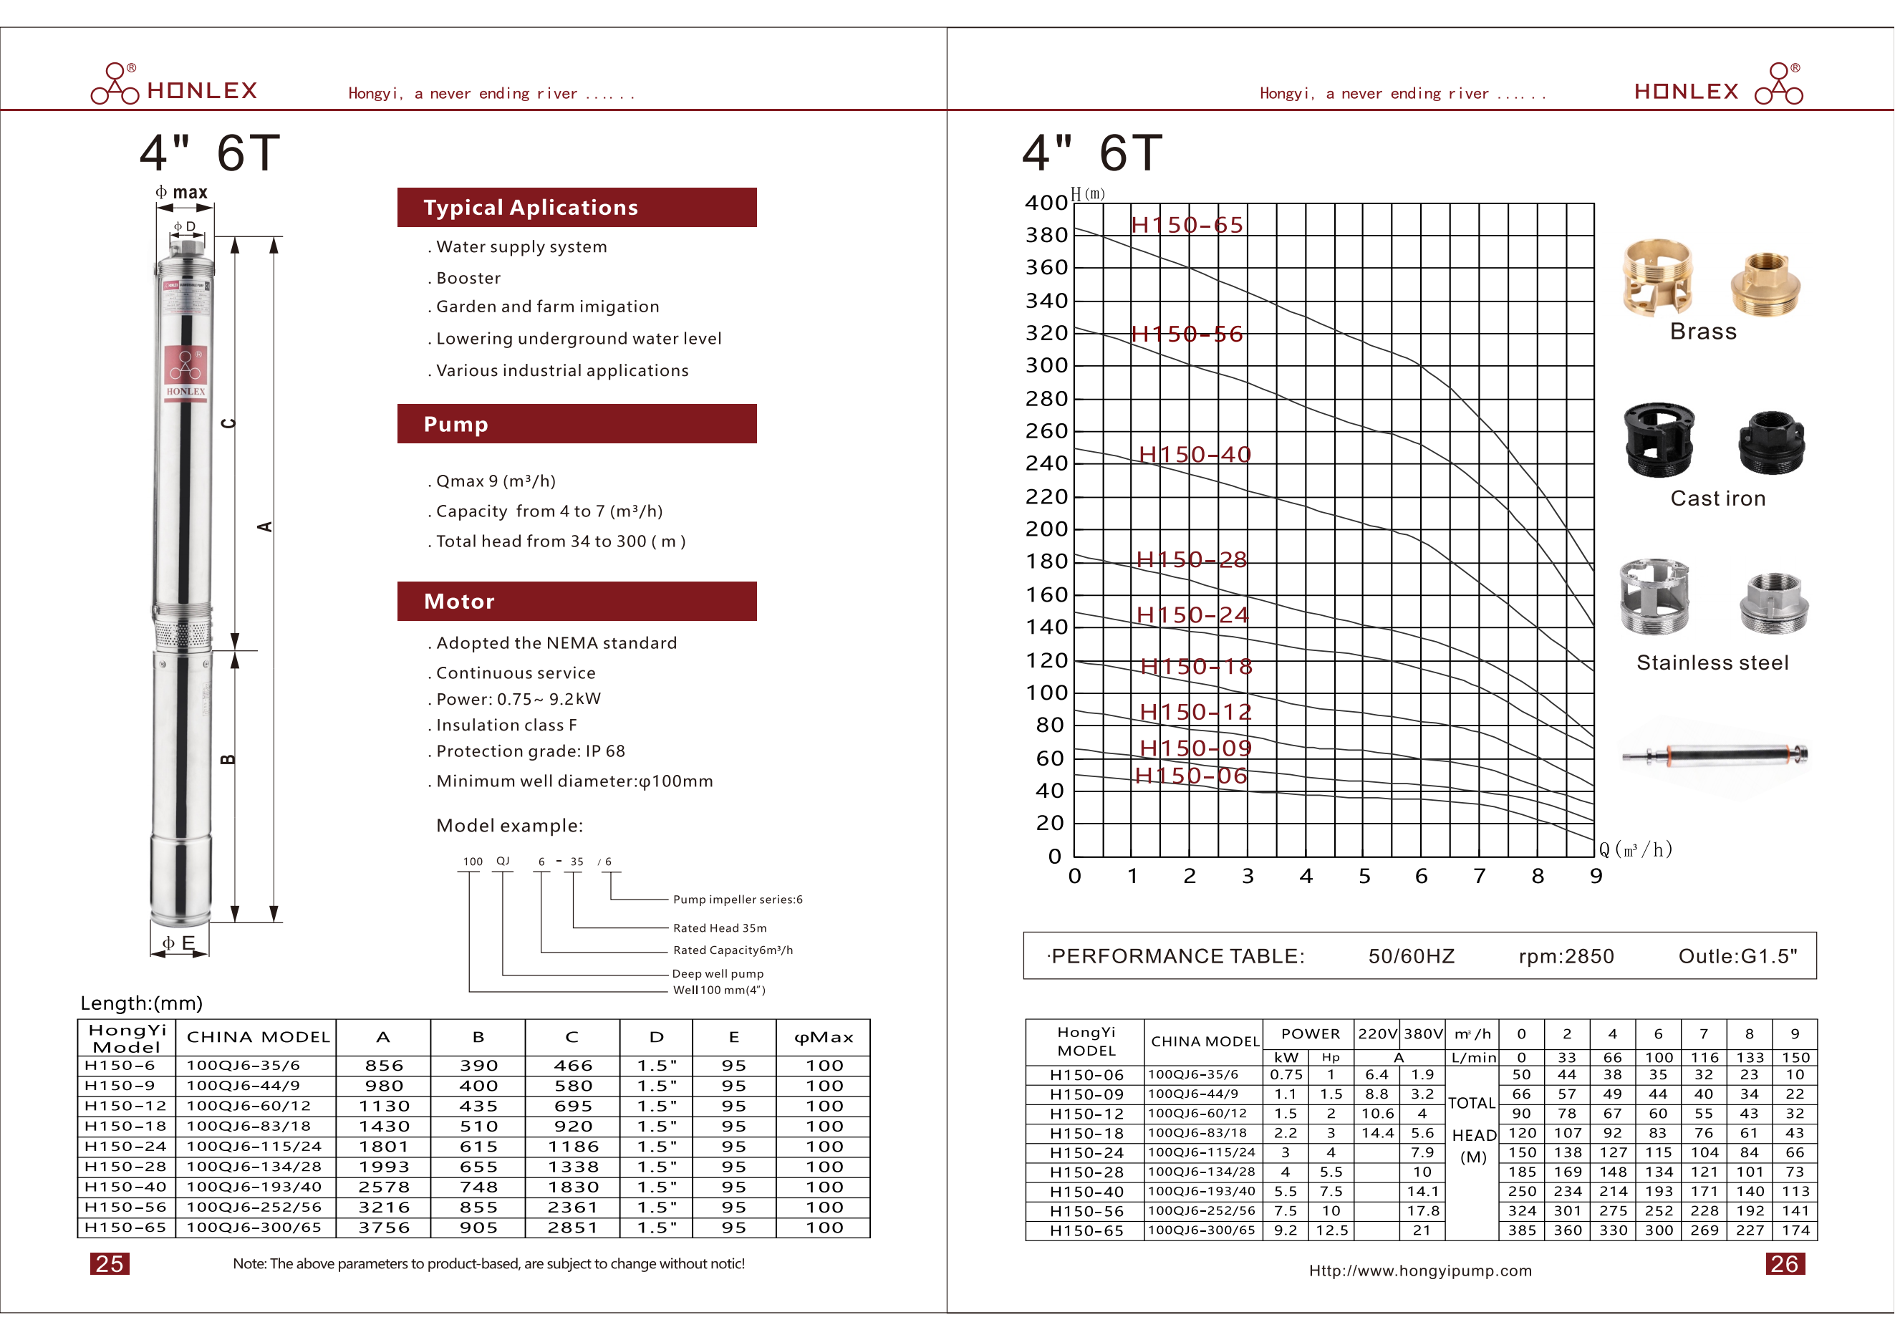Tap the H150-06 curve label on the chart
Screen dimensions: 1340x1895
coord(1190,776)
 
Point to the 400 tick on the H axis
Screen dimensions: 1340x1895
coord(1046,203)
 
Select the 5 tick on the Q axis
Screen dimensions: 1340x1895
coord(1364,877)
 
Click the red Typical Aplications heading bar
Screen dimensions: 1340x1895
coord(576,207)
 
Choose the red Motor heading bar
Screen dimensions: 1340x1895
coord(576,602)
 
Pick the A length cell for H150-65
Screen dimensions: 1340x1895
coord(384,1228)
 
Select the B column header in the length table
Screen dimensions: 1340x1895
coord(478,1037)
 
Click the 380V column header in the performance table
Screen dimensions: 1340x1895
coord(1423,1034)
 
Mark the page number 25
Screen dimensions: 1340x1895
coord(109,1264)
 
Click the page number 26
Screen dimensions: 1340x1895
coord(1785,1264)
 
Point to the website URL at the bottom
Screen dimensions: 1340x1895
coord(1419,1271)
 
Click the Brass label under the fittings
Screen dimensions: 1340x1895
coord(1702,332)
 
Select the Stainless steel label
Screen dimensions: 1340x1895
coord(1712,662)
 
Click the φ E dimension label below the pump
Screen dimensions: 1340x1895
coord(178,943)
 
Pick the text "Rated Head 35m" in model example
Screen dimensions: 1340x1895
coord(720,928)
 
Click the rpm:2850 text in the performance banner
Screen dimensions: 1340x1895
coord(1566,956)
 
